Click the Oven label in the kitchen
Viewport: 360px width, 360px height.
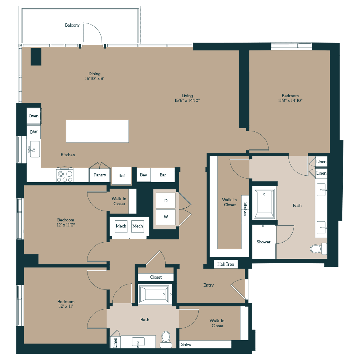[33, 116]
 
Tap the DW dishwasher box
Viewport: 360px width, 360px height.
[33, 132]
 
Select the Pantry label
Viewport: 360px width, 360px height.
[100, 175]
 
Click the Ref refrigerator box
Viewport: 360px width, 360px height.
[122, 176]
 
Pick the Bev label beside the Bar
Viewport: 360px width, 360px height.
[144, 175]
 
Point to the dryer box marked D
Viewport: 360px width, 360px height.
[166, 201]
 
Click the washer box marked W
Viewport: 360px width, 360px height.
[166, 217]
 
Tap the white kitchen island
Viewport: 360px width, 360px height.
[97, 131]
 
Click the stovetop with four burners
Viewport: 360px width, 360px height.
[64, 175]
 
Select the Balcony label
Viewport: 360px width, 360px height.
[72, 25]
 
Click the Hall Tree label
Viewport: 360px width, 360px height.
[226, 264]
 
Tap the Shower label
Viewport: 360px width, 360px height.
[264, 242]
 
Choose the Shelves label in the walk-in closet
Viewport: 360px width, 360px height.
[245, 209]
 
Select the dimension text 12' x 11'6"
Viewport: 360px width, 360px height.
[66, 225]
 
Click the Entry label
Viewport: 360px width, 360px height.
[208, 285]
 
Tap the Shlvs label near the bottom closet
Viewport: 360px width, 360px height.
[186, 344]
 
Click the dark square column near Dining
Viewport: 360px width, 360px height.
[36, 57]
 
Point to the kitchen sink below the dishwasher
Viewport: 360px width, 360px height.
[35, 149]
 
